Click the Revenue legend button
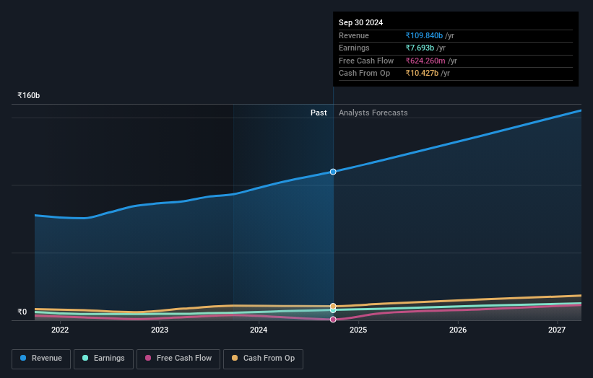point(41,359)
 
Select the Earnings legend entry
point(104,359)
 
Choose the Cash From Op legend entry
point(264,359)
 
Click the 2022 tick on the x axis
point(60,330)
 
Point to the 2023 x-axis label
point(160,330)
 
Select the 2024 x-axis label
point(259,330)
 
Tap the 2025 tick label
point(358,330)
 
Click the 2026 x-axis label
point(457,330)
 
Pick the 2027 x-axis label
point(556,330)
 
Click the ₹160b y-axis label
point(29,95)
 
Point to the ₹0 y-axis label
point(22,312)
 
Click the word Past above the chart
point(319,113)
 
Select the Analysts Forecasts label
point(373,113)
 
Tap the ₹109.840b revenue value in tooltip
point(424,36)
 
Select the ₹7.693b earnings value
point(420,48)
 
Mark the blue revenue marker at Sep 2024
point(333,172)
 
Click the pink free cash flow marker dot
point(333,319)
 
